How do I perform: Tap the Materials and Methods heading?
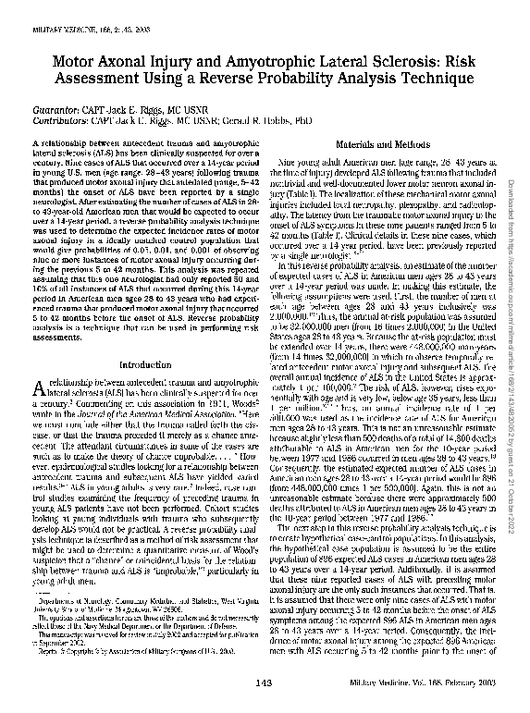[x=377, y=147]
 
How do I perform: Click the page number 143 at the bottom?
[x=134, y=683]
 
